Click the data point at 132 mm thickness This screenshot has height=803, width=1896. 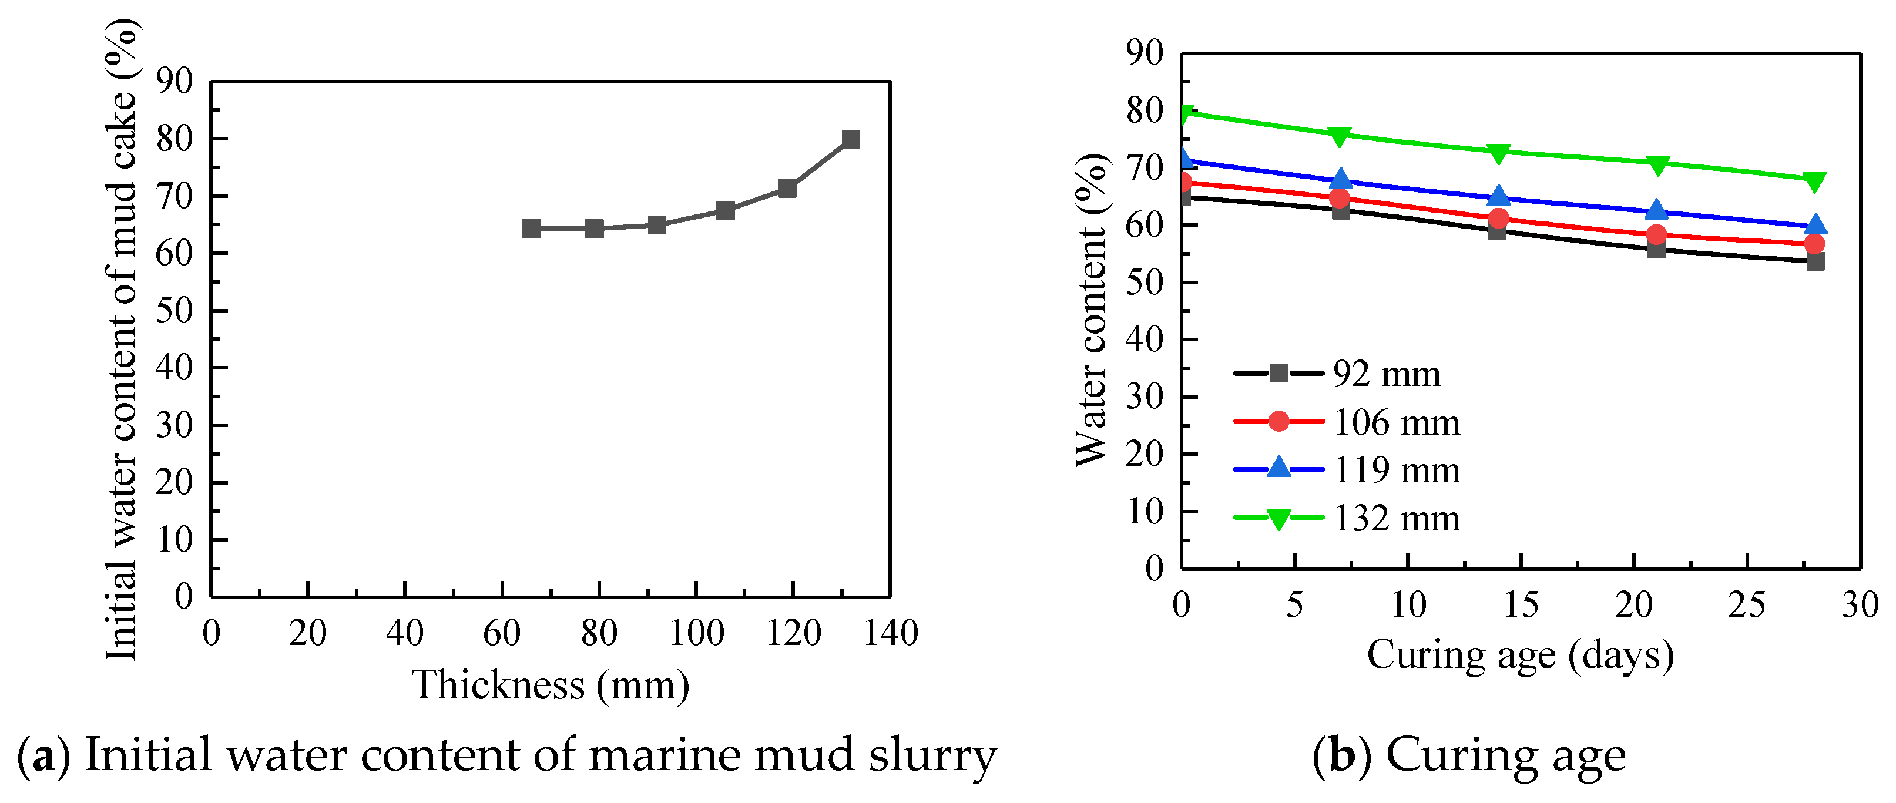pos(850,140)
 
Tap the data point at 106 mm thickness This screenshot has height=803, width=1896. pos(725,210)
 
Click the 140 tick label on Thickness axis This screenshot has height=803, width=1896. pos(891,633)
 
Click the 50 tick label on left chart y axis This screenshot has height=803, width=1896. pos(175,310)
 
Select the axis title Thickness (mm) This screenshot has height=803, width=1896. pos(550,686)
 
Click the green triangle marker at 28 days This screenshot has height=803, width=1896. pos(1815,181)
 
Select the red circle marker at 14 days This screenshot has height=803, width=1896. pos(1498,219)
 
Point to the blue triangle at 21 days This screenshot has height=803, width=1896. pos(1656,210)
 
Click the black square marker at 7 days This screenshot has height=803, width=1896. pos(1340,210)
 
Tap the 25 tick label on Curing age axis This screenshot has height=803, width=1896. pos(1747,605)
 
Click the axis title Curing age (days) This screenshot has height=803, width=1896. pos(1520,654)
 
